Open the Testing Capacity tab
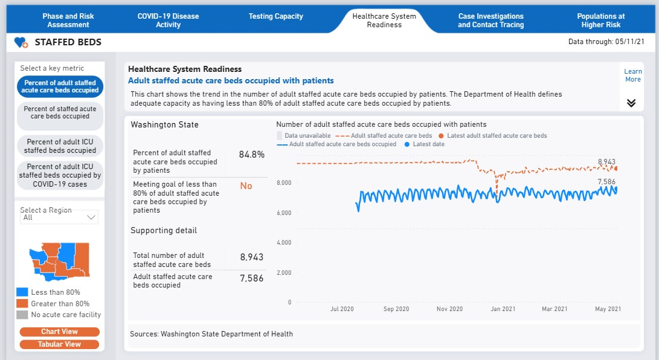(x=275, y=16)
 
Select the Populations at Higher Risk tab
(x=600, y=21)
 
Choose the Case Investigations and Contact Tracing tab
(x=490, y=21)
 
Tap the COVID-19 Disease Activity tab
(x=168, y=21)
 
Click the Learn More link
(x=632, y=76)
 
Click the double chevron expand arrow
(x=631, y=103)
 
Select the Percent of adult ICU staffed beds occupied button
(x=60, y=146)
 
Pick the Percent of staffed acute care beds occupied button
(x=60, y=112)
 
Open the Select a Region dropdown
(x=59, y=217)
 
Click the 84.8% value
(x=251, y=155)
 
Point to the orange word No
(x=246, y=186)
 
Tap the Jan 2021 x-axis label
(x=503, y=309)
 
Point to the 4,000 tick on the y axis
(x=284, y=243)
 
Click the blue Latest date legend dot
(x=407, y=144)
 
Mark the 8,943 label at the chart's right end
(x=606, y=162)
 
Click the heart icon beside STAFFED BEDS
(x=21, y=42)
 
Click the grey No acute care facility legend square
(x=22, y=315)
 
